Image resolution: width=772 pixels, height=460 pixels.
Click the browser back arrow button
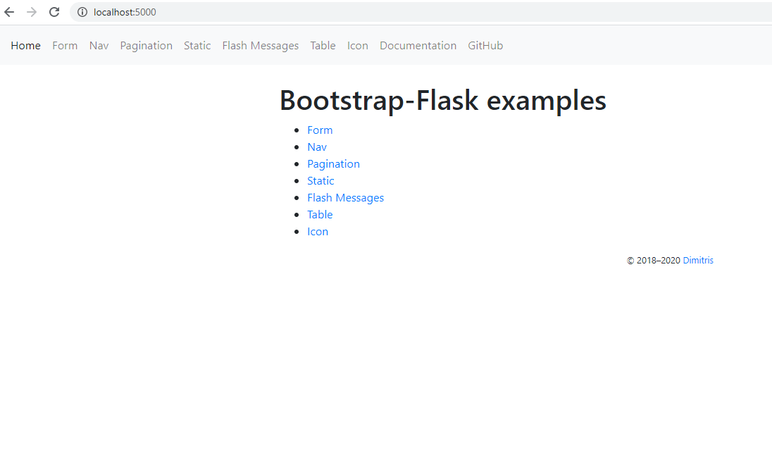(x=9, y=12)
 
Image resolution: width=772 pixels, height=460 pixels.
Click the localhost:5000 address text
(x=125, y=12)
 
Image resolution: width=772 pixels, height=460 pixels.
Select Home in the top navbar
(x=25, y=46)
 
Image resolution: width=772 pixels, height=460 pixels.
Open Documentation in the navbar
(x=418, y=46)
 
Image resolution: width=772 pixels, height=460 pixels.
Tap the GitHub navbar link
(x=485, y=46)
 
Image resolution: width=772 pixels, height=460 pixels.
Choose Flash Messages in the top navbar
(x=260, y=46)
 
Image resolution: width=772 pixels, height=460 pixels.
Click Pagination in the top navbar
(x=146, y=46)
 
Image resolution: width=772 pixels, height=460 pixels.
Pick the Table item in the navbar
(x=323, y=46)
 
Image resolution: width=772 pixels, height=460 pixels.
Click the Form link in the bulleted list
(x=320, y=130)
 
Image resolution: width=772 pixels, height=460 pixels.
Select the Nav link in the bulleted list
(x=317, y=147)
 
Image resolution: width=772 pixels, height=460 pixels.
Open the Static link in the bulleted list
(x=320, y=181)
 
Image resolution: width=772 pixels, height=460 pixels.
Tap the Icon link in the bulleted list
(x=318, y=232)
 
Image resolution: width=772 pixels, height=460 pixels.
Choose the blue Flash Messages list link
(x=345, y=198)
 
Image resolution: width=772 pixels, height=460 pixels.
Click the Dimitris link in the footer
(x=698, y=261)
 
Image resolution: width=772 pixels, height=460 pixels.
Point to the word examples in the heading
(x=546, y=101)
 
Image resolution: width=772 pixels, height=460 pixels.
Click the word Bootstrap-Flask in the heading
(x=379, y=101)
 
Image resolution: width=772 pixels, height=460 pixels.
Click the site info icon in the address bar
(x=82, y=12)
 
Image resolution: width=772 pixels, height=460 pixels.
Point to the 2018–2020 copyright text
(x=658, y=261)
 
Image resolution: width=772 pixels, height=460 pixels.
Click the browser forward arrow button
(x=32, y=12)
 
